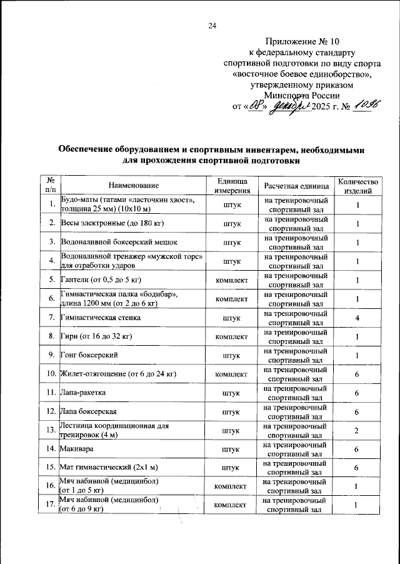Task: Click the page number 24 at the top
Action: tap(212, 26)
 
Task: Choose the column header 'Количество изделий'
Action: tap(358, 186)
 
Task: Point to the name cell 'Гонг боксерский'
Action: tap(89, 355)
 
